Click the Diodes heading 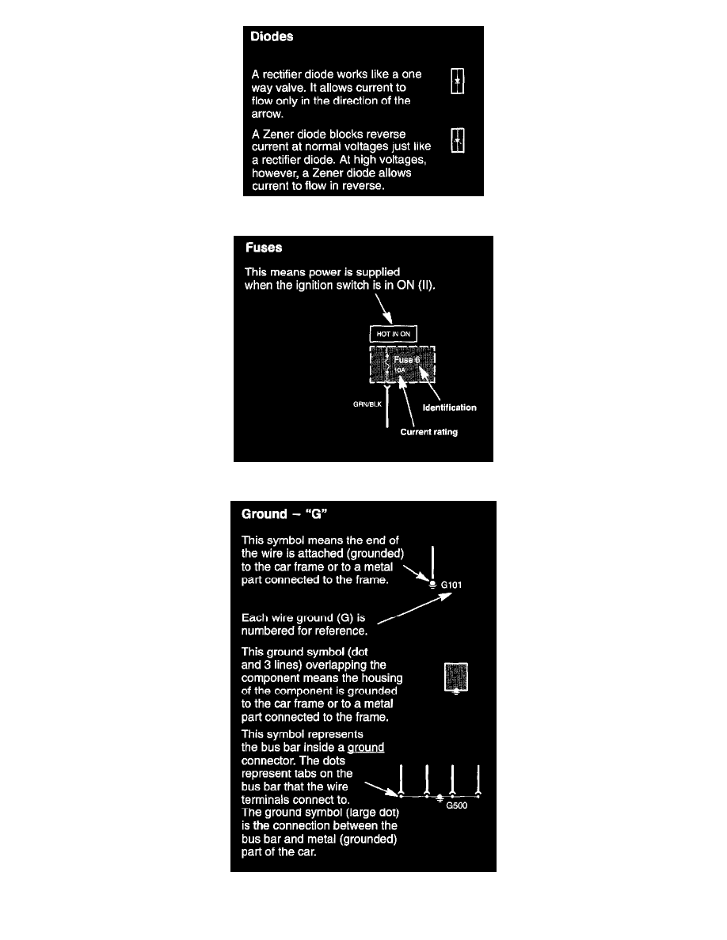click(x=272, y=36)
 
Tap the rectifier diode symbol click(x=456, y=81)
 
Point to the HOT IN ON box click(x=394, y=334)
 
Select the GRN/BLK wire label click(x=367, y=404)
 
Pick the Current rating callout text click(x=428, y=432)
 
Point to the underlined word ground click(x=366, y=747)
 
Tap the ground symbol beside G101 click(x=432, y=585)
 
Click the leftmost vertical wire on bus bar click(x=402, y=779)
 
